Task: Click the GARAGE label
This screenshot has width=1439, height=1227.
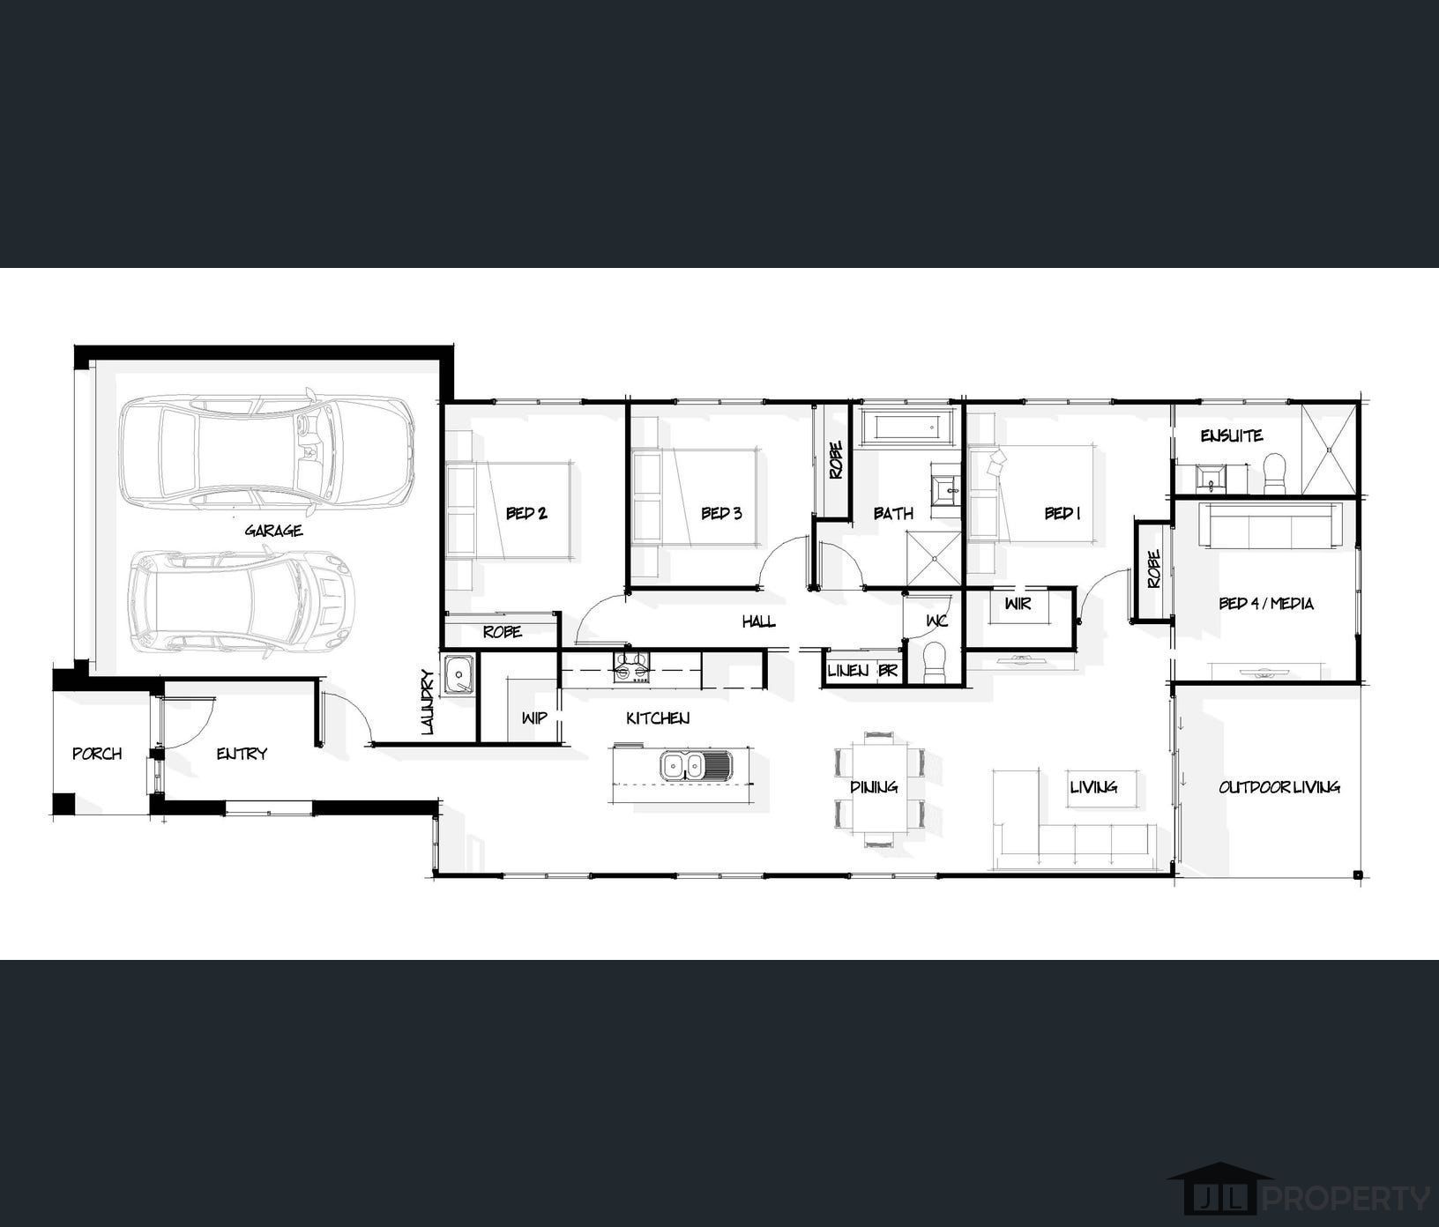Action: tap(273, 530)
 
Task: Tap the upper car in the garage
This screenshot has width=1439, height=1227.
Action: tap(267, 452)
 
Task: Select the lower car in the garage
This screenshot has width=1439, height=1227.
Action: tap(241, 602)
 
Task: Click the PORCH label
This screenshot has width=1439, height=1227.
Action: tap(97, 754)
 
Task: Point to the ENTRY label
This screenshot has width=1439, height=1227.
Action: tap(242, 754)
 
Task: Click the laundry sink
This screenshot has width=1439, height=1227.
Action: tap(459, 676)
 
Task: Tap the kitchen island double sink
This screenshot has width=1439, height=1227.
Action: tap(695, 766)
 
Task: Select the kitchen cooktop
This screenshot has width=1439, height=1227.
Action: tap(631, 666)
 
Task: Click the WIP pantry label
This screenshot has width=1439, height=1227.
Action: tap(533, 718)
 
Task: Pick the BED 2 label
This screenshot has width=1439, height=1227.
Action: tap(526, 513)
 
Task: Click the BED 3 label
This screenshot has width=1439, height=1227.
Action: tap(721, 513)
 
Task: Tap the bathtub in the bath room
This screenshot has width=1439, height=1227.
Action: tap(908, 428)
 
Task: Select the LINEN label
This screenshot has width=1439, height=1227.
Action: tap(848, 671)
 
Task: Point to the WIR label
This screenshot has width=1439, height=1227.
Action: tap(1018, 604)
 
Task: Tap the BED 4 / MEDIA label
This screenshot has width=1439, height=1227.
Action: tap(1266, 604)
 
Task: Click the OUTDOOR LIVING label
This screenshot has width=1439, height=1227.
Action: tap(1279, 787)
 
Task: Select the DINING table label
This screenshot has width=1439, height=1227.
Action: tap(874, 787)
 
